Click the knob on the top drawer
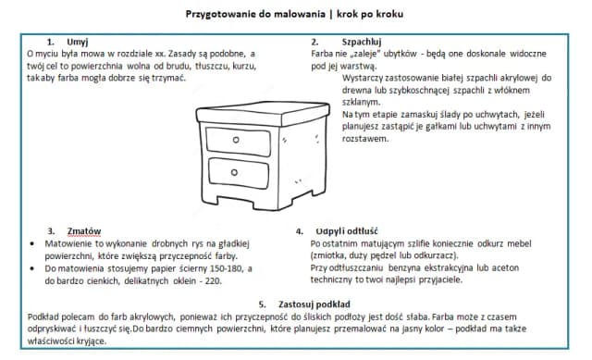tap(235, 139)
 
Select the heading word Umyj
tap(78, 43)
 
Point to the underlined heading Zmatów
tap(83, 230)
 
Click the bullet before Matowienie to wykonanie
tap(33, 242)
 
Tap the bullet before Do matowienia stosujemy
tap(33, 267)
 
